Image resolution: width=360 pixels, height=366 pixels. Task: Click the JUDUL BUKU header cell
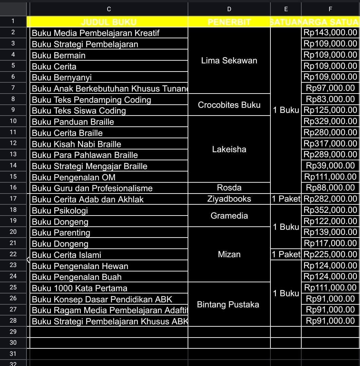coord(109,22)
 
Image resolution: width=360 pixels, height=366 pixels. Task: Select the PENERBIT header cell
coord(229,22)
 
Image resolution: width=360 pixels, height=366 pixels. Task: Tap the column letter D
coord(229,9)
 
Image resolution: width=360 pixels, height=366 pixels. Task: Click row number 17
coord(13,199)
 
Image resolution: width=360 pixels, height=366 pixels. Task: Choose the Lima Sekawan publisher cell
coord(229,61)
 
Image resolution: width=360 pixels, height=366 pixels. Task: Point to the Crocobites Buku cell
coord(229,105)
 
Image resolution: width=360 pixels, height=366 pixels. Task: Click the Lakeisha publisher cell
coord(229,149)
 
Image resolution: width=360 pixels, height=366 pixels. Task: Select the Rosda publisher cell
coord(229,188)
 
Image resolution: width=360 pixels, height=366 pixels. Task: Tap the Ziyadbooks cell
coord(229,199)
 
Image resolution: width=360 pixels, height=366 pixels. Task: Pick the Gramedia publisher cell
coord(229,216)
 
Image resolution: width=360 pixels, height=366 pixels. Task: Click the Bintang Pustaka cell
coord(228,304)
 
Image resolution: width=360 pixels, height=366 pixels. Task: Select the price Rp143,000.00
coord(330,33)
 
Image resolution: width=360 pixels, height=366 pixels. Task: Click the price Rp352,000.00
coord(330,210)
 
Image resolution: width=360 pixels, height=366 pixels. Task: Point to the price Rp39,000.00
coord(330,166)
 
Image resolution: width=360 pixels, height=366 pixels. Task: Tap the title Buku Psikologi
coord(60,210)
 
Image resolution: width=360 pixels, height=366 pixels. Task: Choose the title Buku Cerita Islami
coord(67,255)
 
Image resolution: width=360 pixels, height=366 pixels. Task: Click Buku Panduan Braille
coord(73,122)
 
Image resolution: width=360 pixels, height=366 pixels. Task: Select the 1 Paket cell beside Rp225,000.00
coord(286,255)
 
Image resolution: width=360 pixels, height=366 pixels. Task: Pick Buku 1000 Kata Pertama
coord(79,288)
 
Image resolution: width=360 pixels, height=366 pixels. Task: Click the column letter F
coord(330,9)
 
